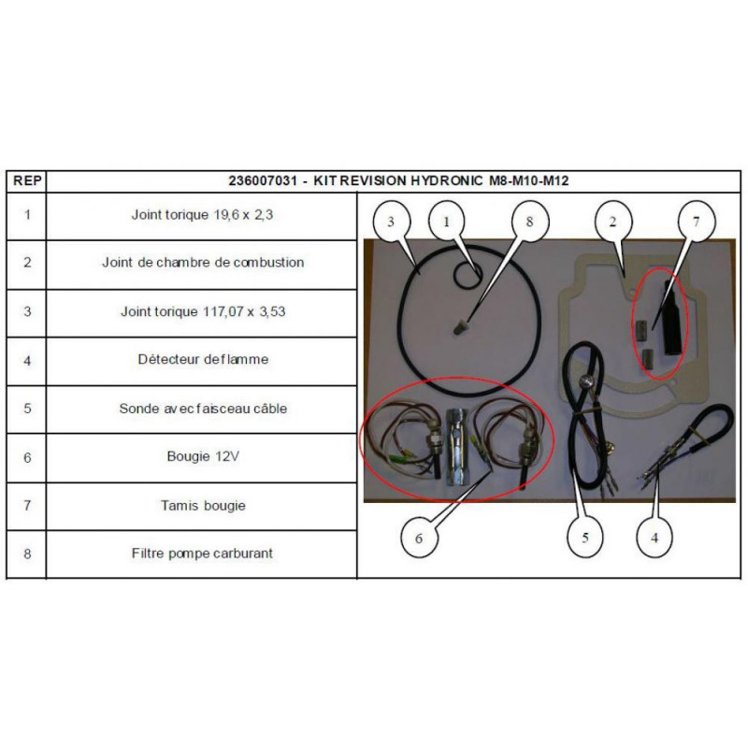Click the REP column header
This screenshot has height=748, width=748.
pyautogui.click(x=27, y=180)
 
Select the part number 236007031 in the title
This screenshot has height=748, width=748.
pyautogui.click(x=263, y=180)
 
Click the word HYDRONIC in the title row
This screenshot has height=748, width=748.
pyautogui.click(x=447, y=180)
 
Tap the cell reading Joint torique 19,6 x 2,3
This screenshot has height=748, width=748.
pyautogui.click(x=202, y=215)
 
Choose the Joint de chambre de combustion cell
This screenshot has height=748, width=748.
pyautogui.click(x=203, y=263)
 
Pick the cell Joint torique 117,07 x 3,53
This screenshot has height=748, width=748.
pyautogui.click(x=203, y=311)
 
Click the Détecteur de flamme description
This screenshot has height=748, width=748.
pyautogui.click(x=203, y=359)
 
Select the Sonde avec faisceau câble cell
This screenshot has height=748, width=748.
pyautogui.click(x=203, y=409)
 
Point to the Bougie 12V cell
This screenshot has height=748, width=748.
pyautogui.click(x=203, y=456)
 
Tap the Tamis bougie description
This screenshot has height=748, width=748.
pyautogui.click(x=203, y=505)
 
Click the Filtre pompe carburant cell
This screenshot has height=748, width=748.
pyautogui.click(x=202, y=554)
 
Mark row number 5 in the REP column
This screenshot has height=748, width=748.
pyautogui.click(x=27, y=409)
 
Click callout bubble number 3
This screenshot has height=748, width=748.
pyautogui.click(x=391, y=222)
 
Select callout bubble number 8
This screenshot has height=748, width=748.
pyautogui.click(x=529, y=222)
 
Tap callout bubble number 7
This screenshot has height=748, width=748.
pyautogui.click(x=696, y=222)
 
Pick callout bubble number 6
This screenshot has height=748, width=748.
pyautogui.click(x=419, y=539)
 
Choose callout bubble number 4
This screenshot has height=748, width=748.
pyautogui.click(x=654, y=538)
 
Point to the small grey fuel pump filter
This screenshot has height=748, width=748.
pyautogui.click(x=459, y=328)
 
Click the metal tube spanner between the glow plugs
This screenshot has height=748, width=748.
pyautogui.click(x=457, y=447)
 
